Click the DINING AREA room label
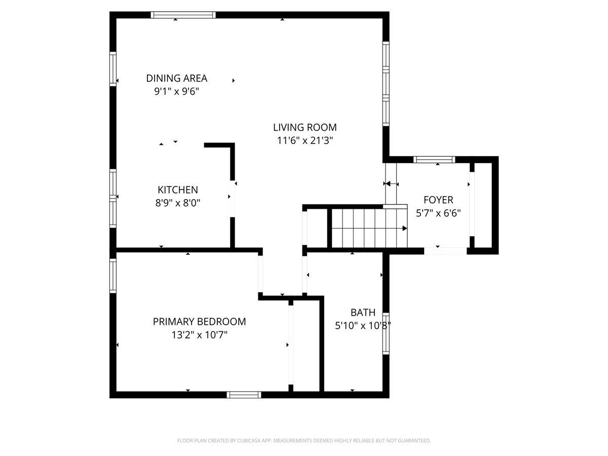click(177, 79)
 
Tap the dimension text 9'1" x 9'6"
click(177, 91)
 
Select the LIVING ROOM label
click(305, 127)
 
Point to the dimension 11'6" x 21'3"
click(305, 141)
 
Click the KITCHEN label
click(178, 190)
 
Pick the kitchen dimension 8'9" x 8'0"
click(178, 203)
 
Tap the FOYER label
click(438, 200)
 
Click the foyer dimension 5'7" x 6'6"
click(438, 213)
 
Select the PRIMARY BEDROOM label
click(200, 322)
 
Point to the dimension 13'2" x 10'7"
click(200, 335)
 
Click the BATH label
click(363, 313)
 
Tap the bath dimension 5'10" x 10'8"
click(363, 326)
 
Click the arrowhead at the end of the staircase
click(405, 229)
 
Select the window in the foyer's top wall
click(434, 160)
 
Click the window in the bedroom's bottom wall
click(244, 395)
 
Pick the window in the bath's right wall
click(386, 333)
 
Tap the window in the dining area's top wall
click(183, 15)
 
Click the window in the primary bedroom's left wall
click(113, 276)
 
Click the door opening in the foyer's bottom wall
click(445, 251)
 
